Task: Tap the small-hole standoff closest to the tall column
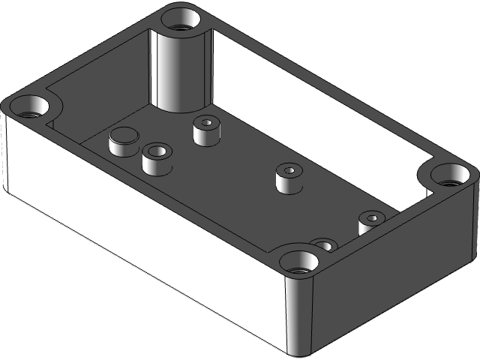click(206, 130)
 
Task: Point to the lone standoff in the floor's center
click(289, 178)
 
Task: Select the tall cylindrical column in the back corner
click(180, 71)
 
